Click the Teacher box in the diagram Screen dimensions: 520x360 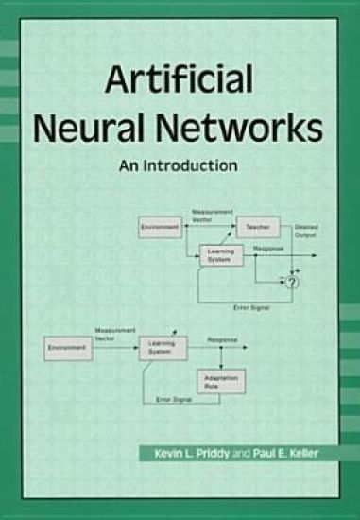point(258,228)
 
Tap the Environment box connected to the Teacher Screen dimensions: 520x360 point(160,228)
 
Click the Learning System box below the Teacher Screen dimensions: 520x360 point(222,254)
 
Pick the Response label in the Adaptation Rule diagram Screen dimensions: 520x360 point(223,338)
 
